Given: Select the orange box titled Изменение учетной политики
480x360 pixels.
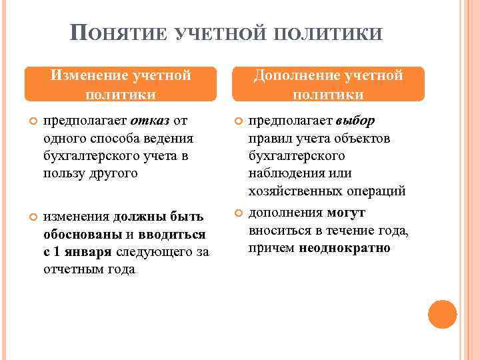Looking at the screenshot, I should point(121,84).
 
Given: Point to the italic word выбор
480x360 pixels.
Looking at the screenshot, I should point(355,121).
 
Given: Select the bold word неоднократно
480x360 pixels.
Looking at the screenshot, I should point(345,248).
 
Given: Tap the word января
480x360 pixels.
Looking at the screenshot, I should point(89,252).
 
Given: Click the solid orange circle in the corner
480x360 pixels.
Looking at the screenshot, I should point(442,315).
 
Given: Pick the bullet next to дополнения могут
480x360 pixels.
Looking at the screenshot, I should point(237,213).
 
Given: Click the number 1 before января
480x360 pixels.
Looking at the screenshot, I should point(57,252).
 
